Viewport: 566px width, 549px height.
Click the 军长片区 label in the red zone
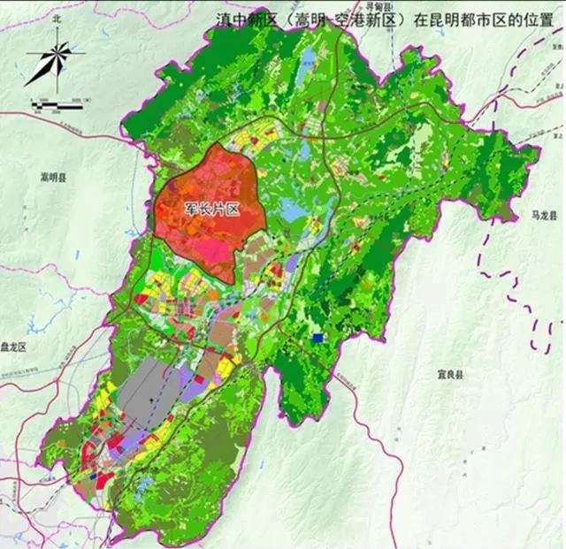(209, 209)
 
